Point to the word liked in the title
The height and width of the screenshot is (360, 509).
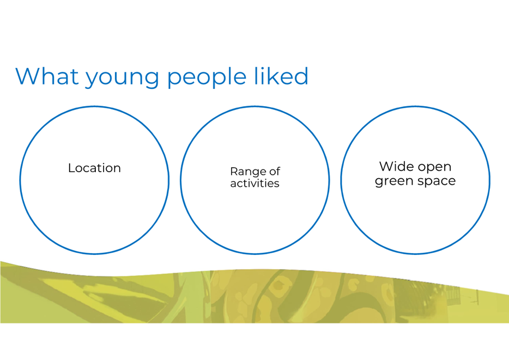click(281, 76)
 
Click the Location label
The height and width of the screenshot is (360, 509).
click(94, 168)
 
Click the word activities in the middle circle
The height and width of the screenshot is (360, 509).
click(255, 184)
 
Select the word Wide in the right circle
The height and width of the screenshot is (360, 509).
click(396, 167)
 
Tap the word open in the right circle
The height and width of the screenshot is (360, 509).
click(434, 168)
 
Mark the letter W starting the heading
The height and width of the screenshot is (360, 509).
click(28, 76)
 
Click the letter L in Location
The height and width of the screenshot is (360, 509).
click(71, 168)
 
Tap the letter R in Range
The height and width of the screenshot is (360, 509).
click(234, 171)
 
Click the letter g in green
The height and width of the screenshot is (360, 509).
click(379, 182)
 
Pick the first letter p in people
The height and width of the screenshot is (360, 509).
click(174, 80)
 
